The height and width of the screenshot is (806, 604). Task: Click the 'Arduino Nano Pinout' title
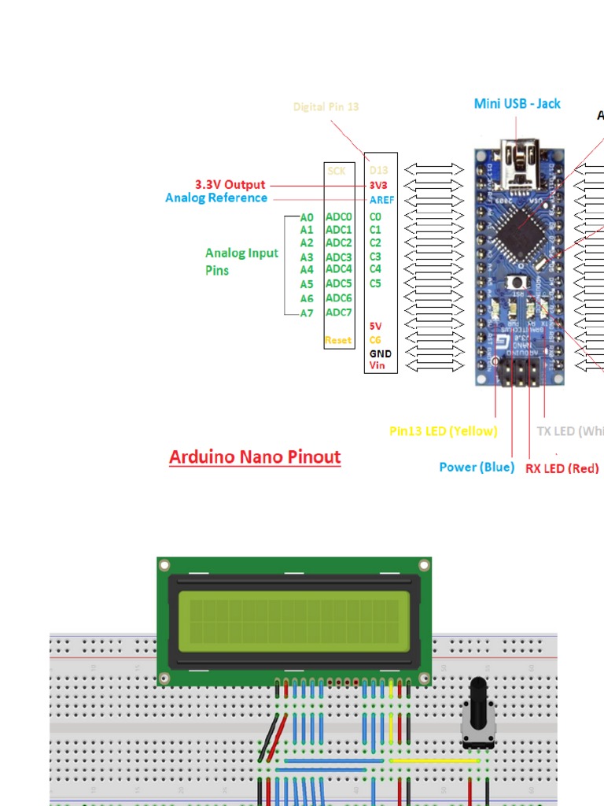(x=255, y=457)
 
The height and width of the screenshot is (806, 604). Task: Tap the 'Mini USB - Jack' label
(x=517, y=104)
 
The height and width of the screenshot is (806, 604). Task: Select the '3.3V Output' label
(x=230, y=185)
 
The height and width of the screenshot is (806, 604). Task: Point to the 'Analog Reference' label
(x=216, y=198)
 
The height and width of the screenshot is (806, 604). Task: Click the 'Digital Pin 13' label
(x=326, y=106)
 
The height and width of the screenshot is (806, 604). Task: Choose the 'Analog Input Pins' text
(x=241, y=261)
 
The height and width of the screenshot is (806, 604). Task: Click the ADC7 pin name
(x=339, y=312)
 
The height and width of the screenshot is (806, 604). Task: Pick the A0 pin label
(x=307, y=217)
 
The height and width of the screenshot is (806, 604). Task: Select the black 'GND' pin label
(x=381, y=353)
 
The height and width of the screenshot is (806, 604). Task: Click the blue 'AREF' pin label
(x=381, y=200)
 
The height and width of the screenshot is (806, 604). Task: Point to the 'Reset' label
(x=338, y=340)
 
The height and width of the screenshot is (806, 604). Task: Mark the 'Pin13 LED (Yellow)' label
(x=444, y=431)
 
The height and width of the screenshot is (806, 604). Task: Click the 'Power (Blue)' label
(x=477, y=467)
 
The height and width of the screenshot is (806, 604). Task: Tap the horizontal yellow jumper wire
(x=434, y=761)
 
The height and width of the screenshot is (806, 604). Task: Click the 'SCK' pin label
(x=337, y=170)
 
